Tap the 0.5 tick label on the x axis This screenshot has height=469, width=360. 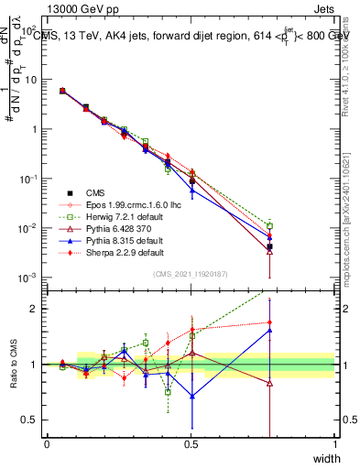click(x=191, y=443)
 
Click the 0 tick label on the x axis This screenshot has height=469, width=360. click(x=47, y=443)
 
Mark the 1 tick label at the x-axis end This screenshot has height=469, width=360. click(x=335, y=443)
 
